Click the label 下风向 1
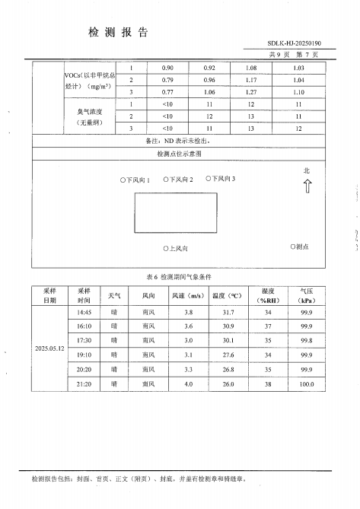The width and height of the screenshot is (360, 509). point(135,180)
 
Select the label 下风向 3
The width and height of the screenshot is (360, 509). point(221,179)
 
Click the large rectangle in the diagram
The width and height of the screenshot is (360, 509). point(176,212)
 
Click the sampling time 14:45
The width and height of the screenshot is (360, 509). point(84,312)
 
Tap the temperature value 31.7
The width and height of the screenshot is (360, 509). point(228,312)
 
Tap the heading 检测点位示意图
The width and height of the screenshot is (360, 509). point(180,154)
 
